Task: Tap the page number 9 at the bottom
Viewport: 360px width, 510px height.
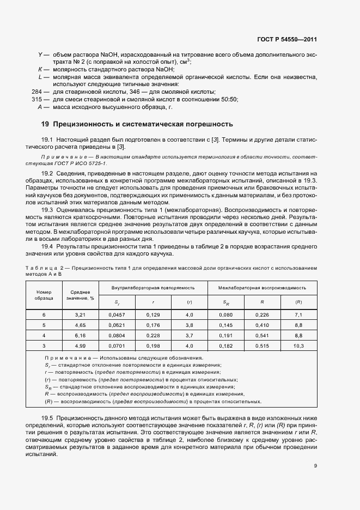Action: pyautogui.click(x=315, y=466)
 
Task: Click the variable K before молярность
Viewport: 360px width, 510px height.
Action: pyautogui.click(x=40, y=70)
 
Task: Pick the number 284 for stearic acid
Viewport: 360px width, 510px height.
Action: pyautogui.click(x=38, y=92)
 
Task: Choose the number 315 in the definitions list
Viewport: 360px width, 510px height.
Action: pyautogui.click(x=38, y=99)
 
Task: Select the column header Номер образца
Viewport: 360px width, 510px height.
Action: pyautogui.click(x=44, y=295)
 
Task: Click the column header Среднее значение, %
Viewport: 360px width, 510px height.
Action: pyautogui.click(x=80, y=295)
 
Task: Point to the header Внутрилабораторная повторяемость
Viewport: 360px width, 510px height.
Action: pyautogui.click(x=152, y=287)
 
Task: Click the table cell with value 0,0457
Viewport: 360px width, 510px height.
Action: pyautogui.click(x=117, y=315)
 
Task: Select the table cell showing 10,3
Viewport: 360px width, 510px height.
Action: pyautogui.click(x=298, y=346)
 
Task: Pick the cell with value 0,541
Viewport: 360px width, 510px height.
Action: pyautogui.click(x=262, y=336)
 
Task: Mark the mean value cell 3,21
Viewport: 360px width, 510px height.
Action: pyautogui.click(x=80, y=315)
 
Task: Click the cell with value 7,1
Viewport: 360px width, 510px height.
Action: pyautogui.click(x=298, y=315)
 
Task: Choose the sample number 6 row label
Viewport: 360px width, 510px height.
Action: pyautogui.click(x=44, y=315)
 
